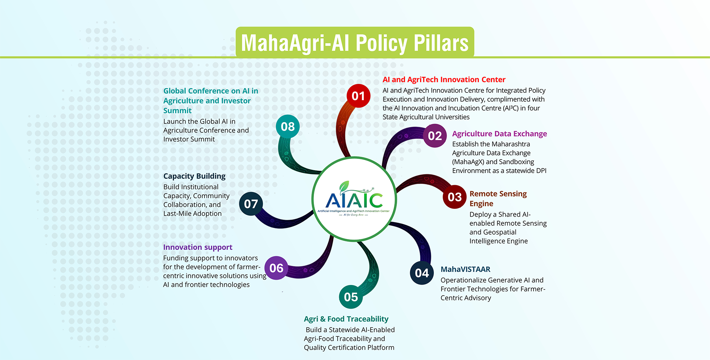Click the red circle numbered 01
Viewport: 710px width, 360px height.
point(358,96)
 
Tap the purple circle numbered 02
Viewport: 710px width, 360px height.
point(435,136)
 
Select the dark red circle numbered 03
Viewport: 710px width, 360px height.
point(454,197)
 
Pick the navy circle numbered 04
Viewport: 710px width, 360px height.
point(422,273)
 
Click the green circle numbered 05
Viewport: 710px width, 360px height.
point(351,297)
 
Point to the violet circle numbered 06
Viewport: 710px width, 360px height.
point(276,268)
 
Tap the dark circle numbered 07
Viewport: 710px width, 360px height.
point(251,204)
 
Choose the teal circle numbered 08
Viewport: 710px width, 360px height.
point(288,126)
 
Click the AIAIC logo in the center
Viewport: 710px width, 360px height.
point(354,200)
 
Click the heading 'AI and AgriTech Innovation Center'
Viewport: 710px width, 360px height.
point(444,79)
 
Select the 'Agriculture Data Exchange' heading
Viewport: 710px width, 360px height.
point(499,134)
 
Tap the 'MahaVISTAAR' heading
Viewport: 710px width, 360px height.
point(465,269)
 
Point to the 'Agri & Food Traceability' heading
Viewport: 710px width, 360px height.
point(346,319)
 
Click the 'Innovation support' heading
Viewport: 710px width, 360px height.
point(197,247)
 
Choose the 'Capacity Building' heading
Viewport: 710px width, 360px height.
point(194,176)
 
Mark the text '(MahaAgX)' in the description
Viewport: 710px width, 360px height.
point(468,162)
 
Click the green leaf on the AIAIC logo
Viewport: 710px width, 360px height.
point(344,185)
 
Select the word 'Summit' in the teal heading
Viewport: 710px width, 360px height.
point(177,111)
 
